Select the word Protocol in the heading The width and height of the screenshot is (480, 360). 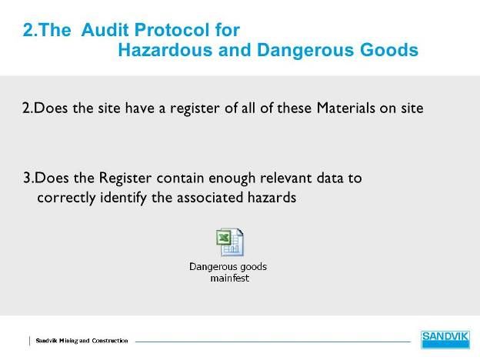[172, 30]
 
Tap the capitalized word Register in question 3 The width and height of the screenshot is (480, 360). [125, 178]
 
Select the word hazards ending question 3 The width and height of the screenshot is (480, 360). [272, 198]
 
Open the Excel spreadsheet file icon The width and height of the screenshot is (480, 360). [230, 242]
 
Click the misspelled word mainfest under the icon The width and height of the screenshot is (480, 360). [229, 278]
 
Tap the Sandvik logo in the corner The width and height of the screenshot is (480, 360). [445, 339]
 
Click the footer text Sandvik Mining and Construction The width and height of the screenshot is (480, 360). [82, 341]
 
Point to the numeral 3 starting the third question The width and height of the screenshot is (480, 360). [27, 178]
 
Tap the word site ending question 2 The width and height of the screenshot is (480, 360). [412, 108]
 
